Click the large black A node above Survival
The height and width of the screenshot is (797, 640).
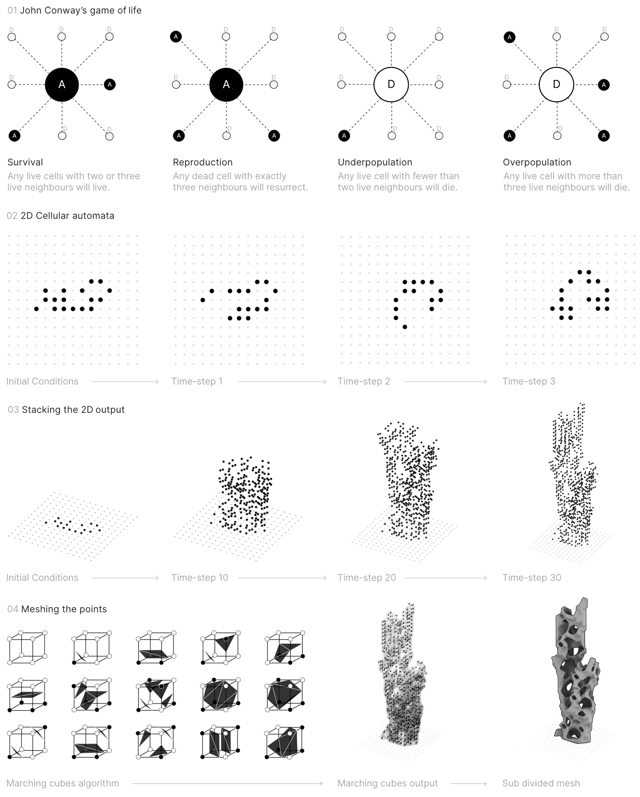coord(62,85)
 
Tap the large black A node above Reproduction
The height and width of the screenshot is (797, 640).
coord(226,85)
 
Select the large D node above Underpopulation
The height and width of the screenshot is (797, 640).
coord(391,85)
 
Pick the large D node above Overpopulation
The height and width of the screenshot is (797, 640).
coord(556,85)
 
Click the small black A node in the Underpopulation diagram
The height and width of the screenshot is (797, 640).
coord(344,136)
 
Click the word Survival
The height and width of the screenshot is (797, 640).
coord(25,162)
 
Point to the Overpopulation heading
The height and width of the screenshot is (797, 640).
coord(537,162)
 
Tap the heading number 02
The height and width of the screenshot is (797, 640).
coord(12,216)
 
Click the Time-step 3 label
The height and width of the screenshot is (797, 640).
coord(529,382)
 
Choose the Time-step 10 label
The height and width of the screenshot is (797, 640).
coord(200,578)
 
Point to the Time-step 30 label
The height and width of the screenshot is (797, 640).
coord(532,578)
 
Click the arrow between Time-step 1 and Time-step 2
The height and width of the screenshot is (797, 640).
coord(282,382)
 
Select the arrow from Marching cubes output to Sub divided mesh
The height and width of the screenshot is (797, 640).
coord(469,784)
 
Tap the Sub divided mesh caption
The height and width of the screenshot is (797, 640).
coord(541,784)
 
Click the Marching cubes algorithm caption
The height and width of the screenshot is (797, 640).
coord(63,784)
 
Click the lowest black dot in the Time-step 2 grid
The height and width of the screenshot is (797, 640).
coord(405,327)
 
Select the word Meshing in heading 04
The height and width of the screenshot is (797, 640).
coord(39,609)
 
